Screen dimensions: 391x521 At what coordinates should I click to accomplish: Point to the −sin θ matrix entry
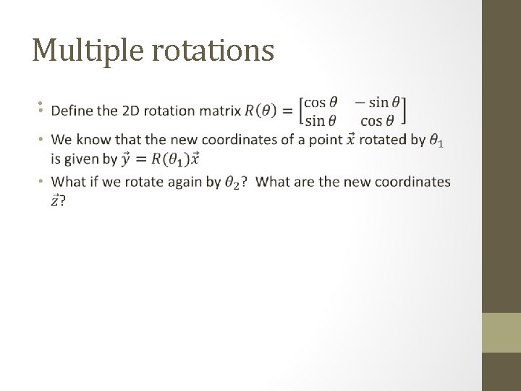(378, 103)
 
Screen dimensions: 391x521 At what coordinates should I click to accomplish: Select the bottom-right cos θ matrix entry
(382, 120)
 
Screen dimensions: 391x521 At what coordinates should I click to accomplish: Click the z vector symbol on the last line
(56, 201)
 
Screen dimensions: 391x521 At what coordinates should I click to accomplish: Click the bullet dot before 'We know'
(41, 139)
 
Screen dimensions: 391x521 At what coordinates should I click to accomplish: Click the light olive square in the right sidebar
(501, 333)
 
